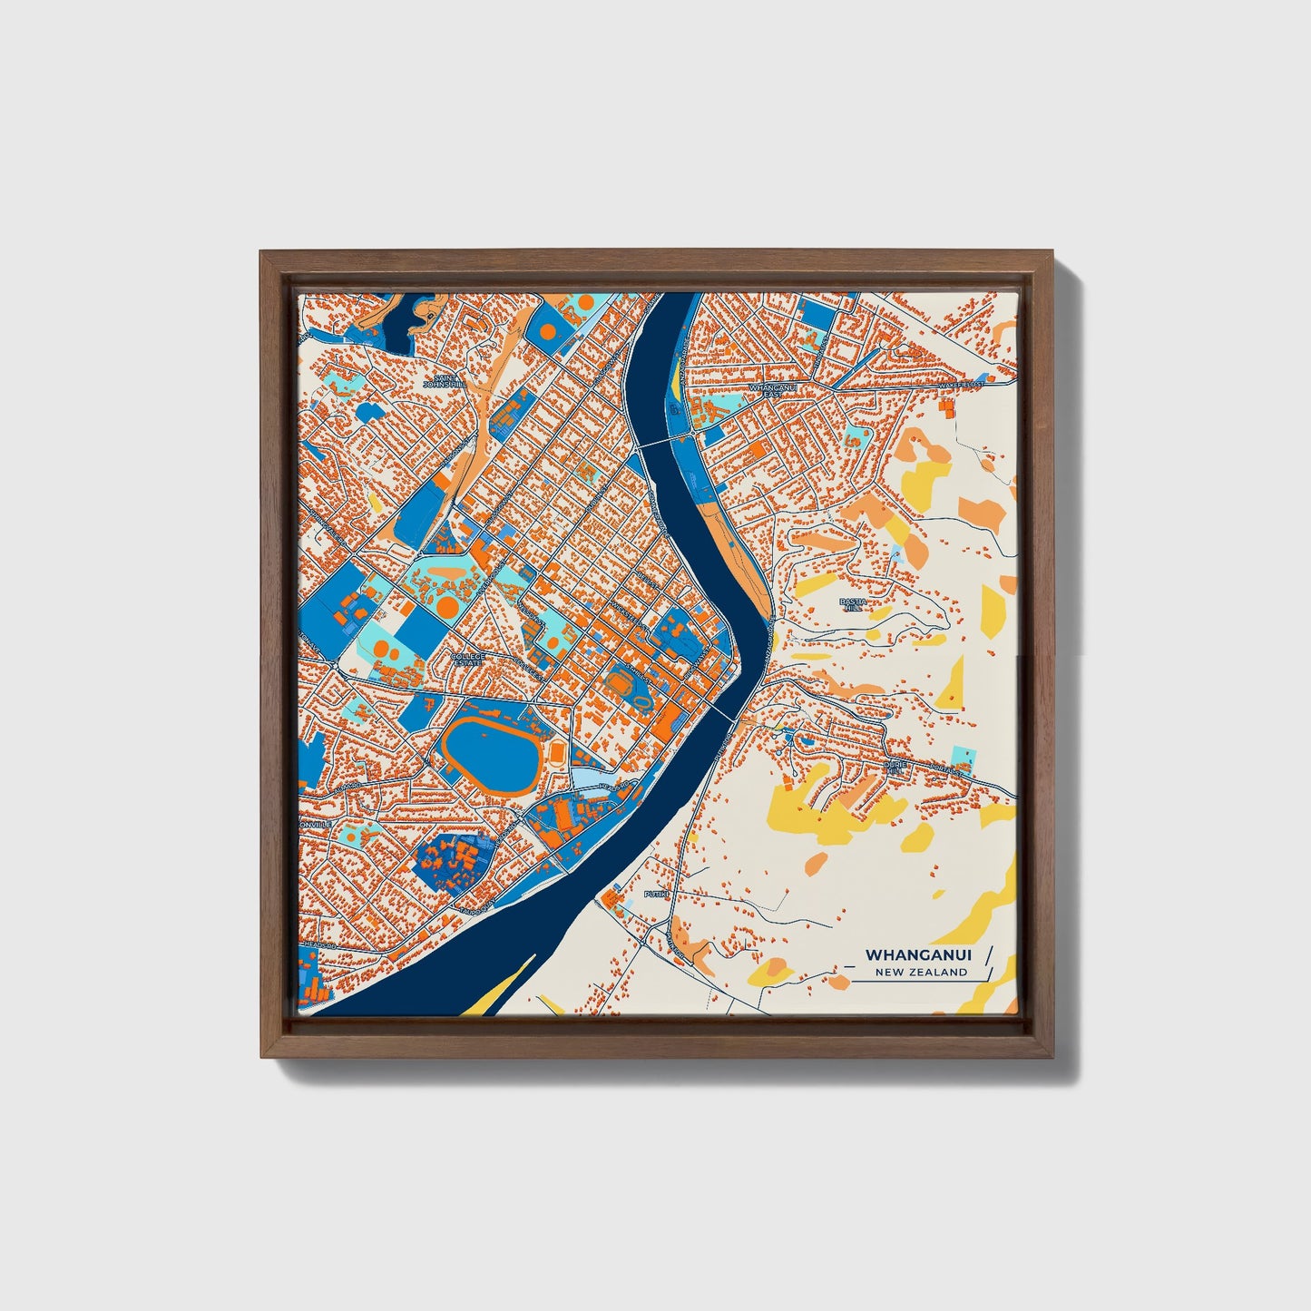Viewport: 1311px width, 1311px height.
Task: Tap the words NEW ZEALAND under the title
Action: (x=921, y=973)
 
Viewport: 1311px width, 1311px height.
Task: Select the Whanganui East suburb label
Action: (x=765, y=391)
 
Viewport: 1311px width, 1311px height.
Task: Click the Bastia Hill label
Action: (x=851, y=604)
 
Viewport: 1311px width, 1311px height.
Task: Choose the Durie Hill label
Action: (x=894, y=768)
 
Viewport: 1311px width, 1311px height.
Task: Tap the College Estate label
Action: (x=468, y=659)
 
